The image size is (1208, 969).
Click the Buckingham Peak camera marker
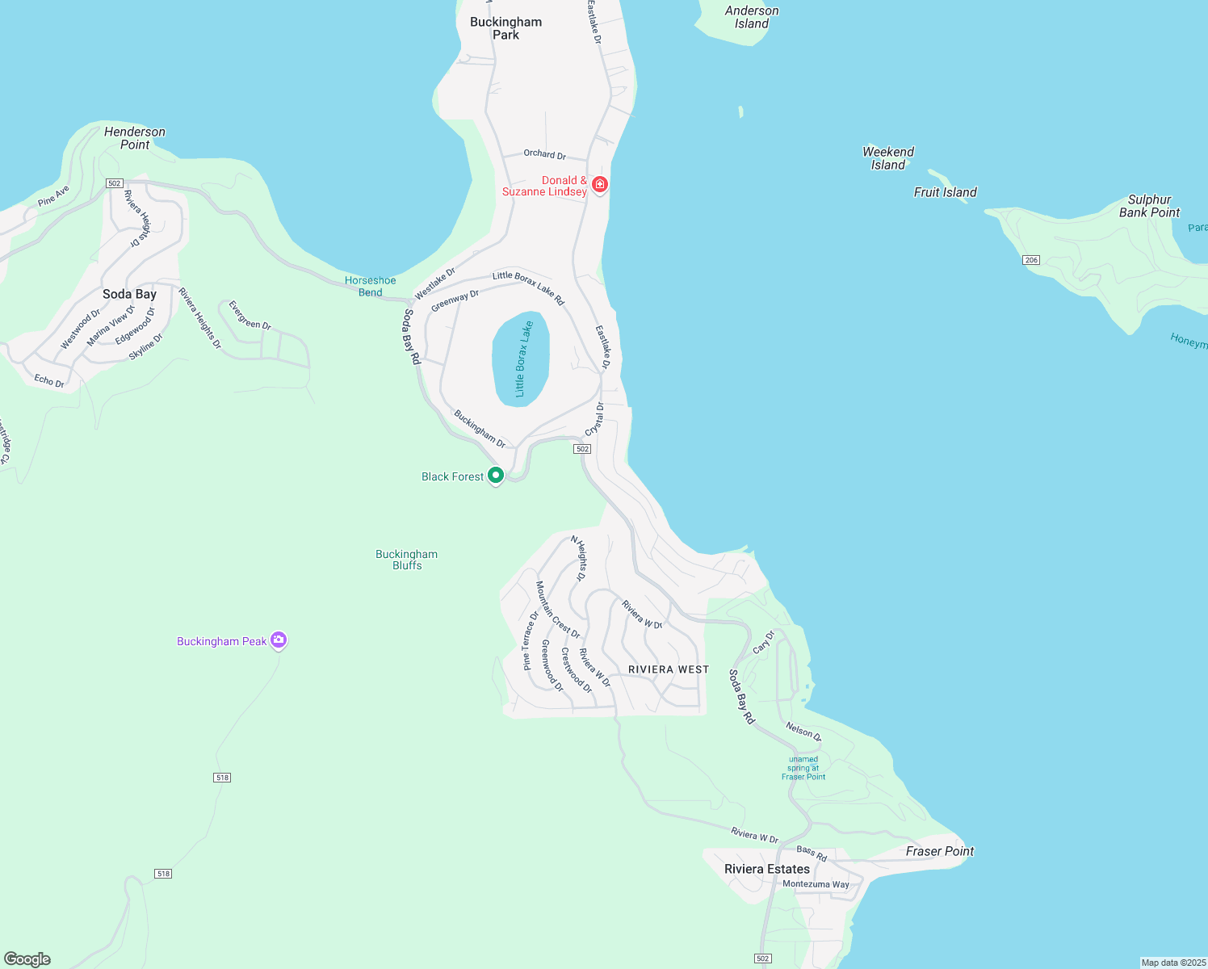pyautogui.click(x=279, y=640)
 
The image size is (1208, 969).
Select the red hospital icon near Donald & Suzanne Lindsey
pyautogui.click(x=599, y=184)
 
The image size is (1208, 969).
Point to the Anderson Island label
pyautogui.click(x=752, y=17)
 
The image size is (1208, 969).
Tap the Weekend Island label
pyautogui.click(x=888, y=158)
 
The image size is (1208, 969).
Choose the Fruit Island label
pyautogui.click(x=945, y=192)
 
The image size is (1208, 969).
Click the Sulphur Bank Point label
pyautogui.click(x=1149, y=206)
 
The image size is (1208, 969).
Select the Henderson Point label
pyautogui.click(x=135, y=138)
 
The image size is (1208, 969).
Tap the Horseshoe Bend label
pyautogui.click(x=371, y=287)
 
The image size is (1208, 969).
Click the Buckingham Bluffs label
pyautogui.click(x=407, y=560)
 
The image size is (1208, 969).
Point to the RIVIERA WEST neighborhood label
pyautogui.click(x=669, y=669)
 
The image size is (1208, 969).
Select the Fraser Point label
pyautogui.click(x=940, y=851)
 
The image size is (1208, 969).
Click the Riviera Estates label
pyautogui.click(x=767, y=869)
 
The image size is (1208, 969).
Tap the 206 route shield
pyautogui.click(x=1030, y=260)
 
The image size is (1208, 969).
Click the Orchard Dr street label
pyautogui.click(x=545, y=154)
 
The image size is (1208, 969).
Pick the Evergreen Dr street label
pyautogui.click(x=250, y=316)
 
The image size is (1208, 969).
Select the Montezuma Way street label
pyautogui.click(x=816, y=884)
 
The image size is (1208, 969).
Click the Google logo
pyautogui.click(x=27, y=959)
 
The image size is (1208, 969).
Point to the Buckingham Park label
pyautogui.click(x=506, y=28)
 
